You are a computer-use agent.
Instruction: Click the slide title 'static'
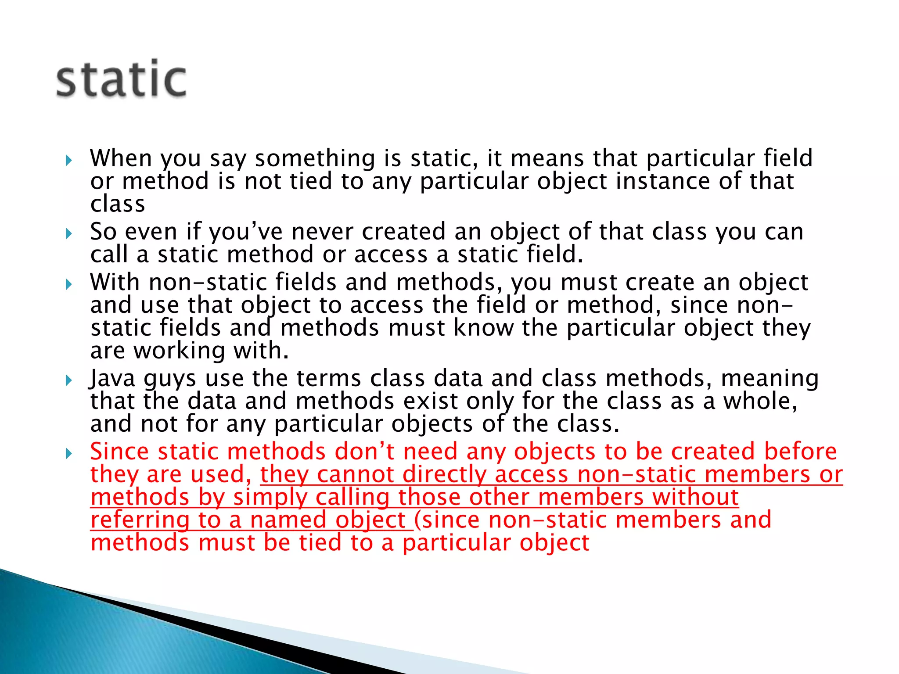point(121,79)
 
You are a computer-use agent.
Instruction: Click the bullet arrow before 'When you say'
point(68,160)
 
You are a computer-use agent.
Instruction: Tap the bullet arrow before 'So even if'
point(68,233)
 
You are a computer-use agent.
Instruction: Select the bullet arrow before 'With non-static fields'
point(68,284)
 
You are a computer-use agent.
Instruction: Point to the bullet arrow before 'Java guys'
point(68,380)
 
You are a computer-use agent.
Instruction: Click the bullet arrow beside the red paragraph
point(68,453)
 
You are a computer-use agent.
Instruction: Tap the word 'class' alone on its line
point(118,204)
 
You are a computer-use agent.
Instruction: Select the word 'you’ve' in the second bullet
point(245,232)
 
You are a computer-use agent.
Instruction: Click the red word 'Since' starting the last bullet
point(119,452)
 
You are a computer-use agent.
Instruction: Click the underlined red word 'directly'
point(444,475)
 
